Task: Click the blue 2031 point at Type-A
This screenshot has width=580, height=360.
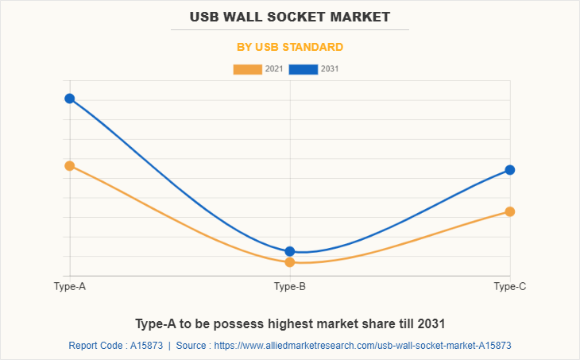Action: click(x=70, y=99)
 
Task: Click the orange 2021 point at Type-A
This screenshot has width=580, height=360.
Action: click(x=70, y=166)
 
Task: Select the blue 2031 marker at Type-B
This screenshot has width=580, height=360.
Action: click(x=290, y=251)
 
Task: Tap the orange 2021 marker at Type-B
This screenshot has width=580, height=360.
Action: click(x=290, y=262)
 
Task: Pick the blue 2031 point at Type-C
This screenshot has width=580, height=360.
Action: click(x=510, y=170)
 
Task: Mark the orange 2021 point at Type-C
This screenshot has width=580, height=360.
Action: click(x=510, y=211)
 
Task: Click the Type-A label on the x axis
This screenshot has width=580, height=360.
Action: click(x=70, y=286)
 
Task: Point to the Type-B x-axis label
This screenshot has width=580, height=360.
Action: click(x=290, y=286)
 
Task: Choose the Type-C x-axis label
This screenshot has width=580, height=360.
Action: click(x=510, y=286)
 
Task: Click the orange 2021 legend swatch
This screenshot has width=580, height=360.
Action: click(x=247, y=69)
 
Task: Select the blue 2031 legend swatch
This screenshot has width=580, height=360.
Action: click(x=303, y=69)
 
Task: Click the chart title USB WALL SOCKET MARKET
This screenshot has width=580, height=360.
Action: click(x=290, y=16)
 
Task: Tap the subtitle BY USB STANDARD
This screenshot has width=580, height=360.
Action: click(x=290, y=47)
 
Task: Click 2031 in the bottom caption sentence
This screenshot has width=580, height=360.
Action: click(x=428, y=323)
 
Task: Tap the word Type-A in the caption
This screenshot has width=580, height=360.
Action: click(x=157, y=323)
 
